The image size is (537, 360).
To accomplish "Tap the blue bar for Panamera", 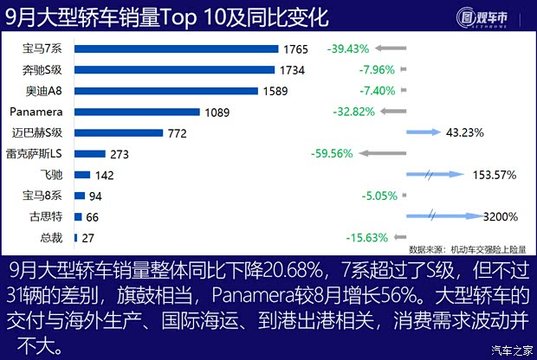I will coord(138,112).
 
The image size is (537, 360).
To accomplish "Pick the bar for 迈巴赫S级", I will coord(119,132).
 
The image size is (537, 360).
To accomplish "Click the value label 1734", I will coord(293,70).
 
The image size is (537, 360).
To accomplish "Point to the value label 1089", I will coord(219,112).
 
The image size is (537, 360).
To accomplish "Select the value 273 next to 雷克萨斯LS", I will coord(120,154).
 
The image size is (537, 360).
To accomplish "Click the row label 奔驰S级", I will coord(42,70).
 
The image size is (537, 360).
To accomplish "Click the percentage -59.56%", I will coord(331,154).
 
